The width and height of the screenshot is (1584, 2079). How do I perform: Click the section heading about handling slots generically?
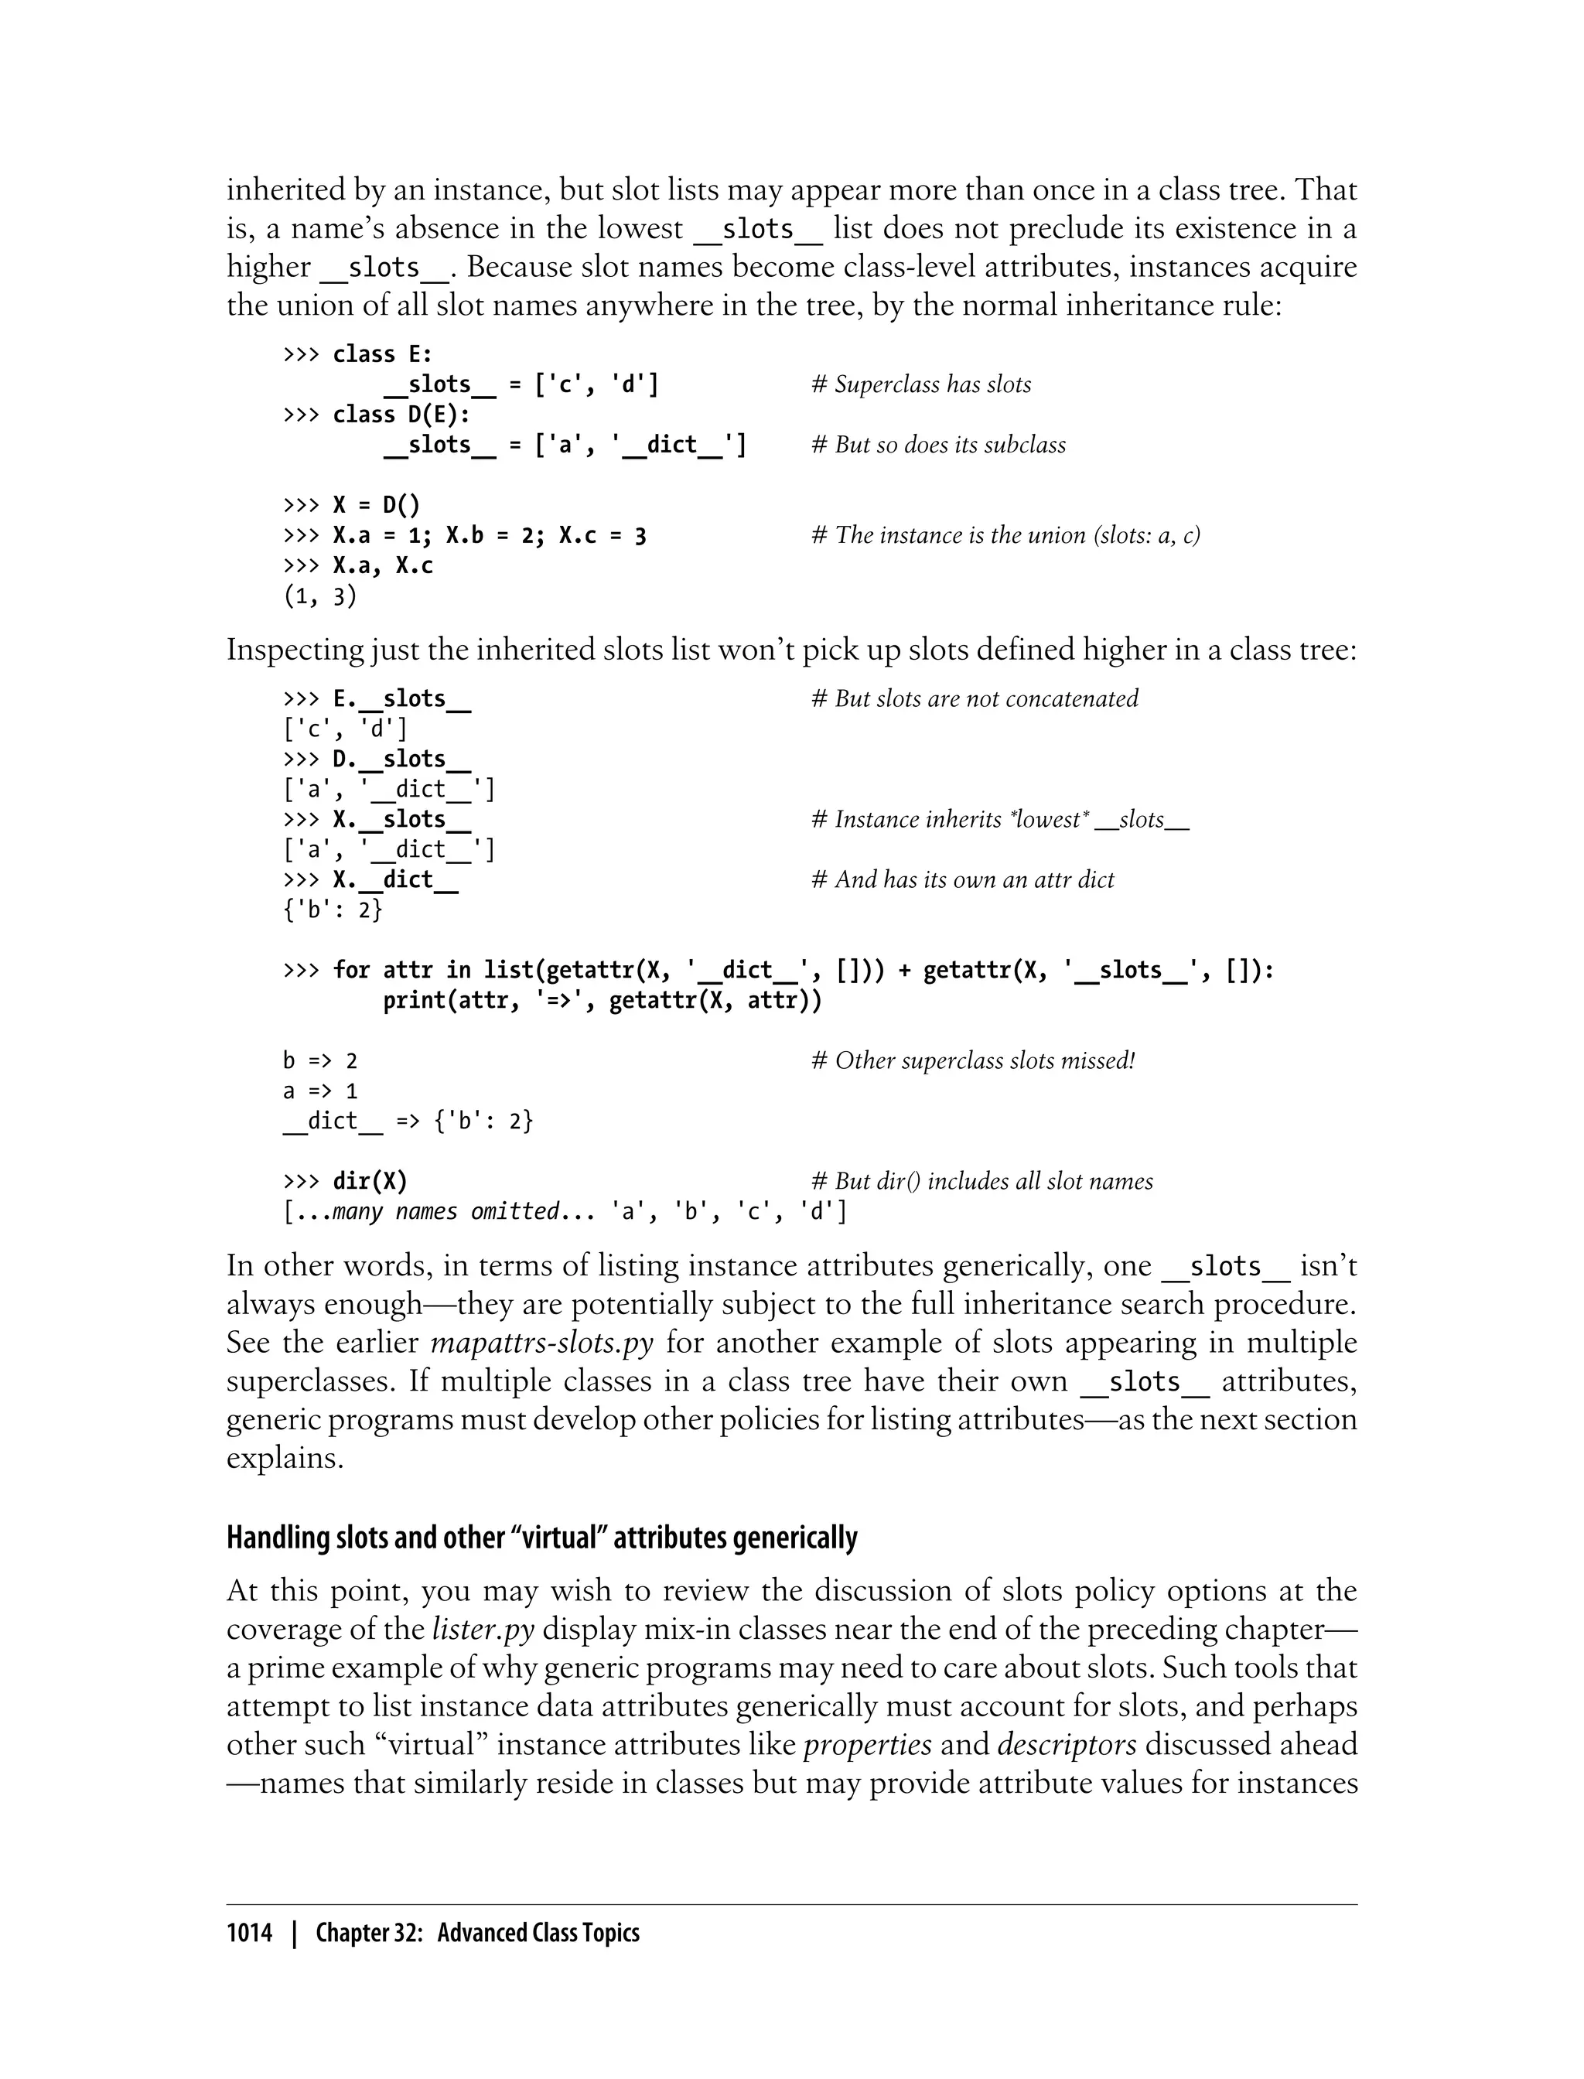541,1538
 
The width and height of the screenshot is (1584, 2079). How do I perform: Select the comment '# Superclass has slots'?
921,384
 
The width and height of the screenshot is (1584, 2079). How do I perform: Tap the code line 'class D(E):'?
401,415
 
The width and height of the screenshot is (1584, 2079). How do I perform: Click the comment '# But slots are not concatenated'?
974,698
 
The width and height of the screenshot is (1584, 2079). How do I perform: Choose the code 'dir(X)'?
370,1181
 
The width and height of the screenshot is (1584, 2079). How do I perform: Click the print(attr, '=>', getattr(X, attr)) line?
602,1000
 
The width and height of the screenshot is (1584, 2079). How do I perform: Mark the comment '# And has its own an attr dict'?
961,879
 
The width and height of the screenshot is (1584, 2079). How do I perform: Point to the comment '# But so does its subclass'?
938,445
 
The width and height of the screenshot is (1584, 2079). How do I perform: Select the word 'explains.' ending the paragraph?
285,1459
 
